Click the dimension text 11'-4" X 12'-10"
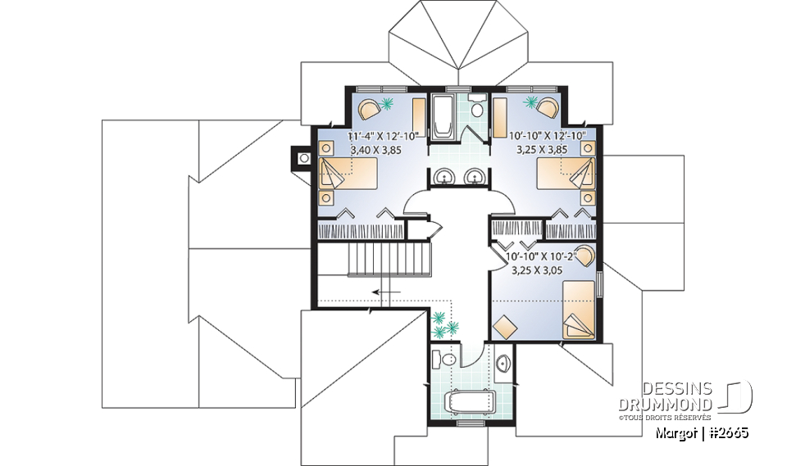pos(383,135)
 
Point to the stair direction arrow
pos(385,291)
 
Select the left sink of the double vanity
pos(444,175)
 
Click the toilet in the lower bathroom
pos(448,361)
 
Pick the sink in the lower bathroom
pos(503,362)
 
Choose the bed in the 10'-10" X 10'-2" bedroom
pos(579,309)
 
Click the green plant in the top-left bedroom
pos(388,104)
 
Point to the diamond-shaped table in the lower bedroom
pos(505,325)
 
